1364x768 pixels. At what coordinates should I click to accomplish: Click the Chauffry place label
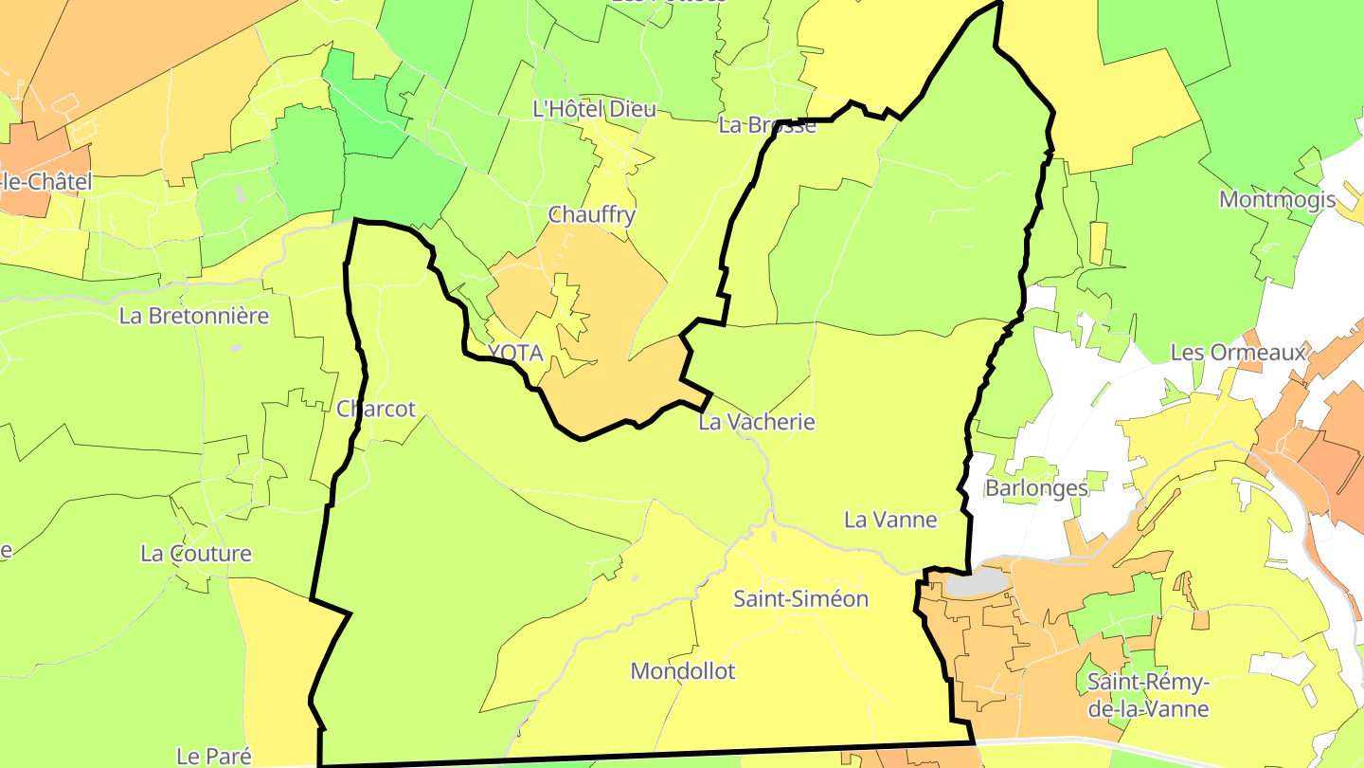point(592,215)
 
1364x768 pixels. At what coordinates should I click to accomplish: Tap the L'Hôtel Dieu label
point(594,109)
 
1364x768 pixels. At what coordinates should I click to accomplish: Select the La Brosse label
point(767,125)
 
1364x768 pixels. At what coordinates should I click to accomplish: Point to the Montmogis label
point(1277,200)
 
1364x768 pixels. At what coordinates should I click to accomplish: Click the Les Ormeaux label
point(1238,353)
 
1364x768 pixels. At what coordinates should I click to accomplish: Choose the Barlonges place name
point(1036,488)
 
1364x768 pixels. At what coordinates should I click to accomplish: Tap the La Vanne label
point(890,520)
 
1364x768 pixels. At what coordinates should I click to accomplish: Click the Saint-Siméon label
point(800,599)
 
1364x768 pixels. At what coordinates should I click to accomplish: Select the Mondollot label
point(683,671)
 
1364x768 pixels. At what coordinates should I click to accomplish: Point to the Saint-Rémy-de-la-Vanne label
point(1148,695)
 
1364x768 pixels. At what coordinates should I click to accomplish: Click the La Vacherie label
point(756,422)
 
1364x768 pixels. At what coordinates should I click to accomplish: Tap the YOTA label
point(515,354)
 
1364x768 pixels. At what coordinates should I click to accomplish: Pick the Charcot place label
point(376,409)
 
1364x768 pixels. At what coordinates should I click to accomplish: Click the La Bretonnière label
point(194,316)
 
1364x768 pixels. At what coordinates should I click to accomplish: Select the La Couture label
point(196,554)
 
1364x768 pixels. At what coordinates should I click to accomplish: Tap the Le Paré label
point(214,756)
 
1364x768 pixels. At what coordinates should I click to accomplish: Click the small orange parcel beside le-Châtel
point(38,152)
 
